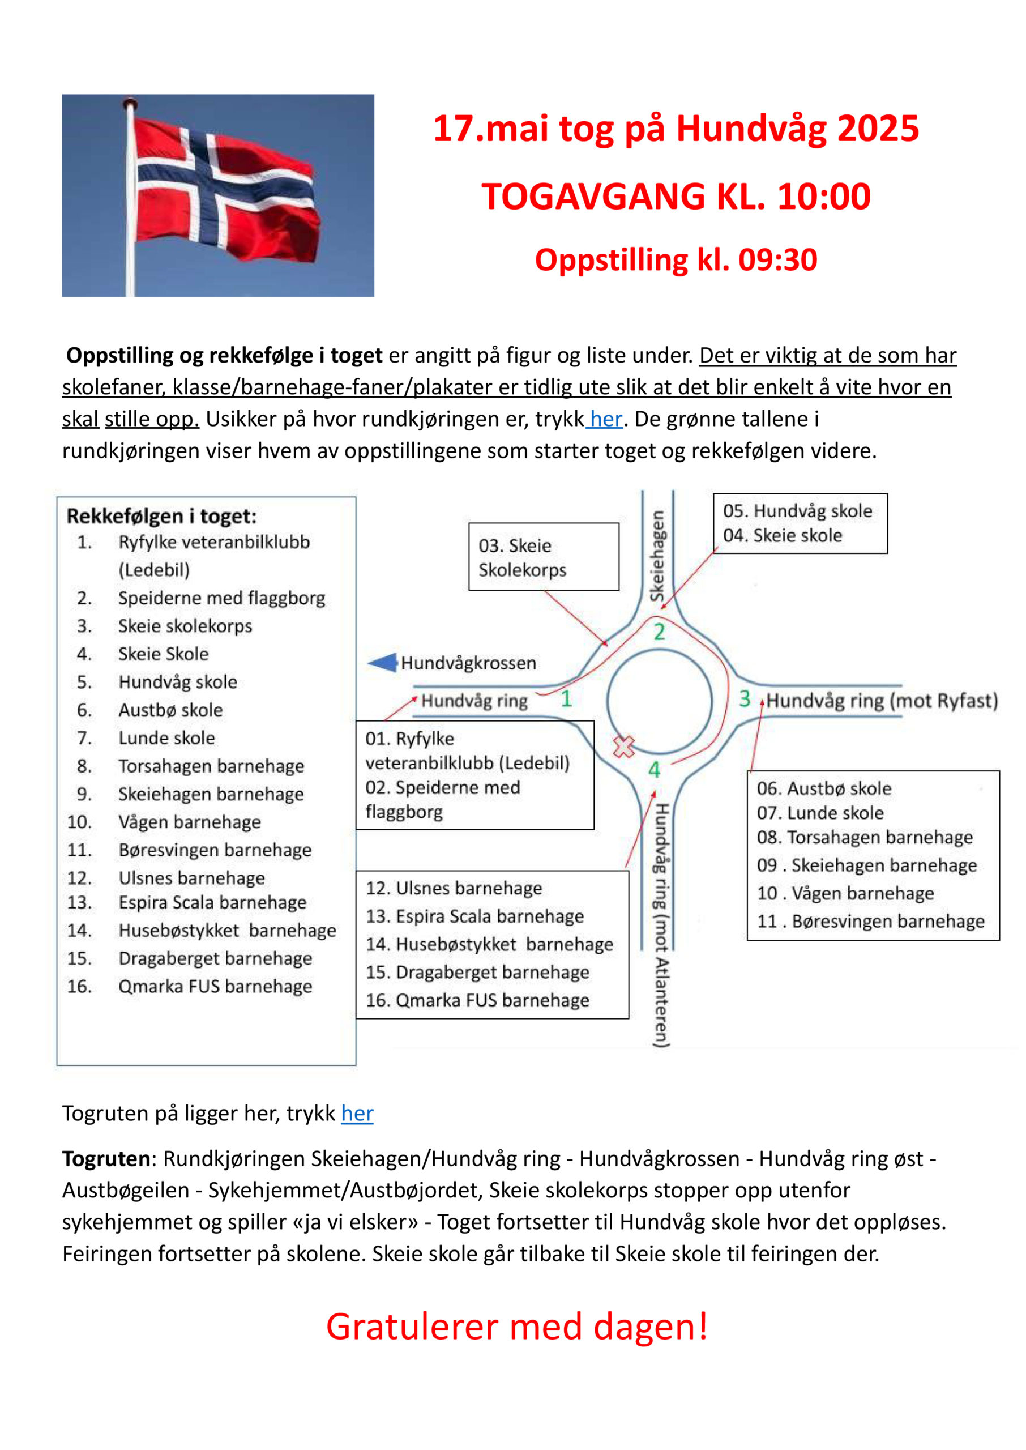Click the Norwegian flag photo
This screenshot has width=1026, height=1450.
pos(217,195)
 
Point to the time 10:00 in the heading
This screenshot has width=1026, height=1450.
pos(824,197)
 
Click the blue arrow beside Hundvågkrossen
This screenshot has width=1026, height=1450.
pos(382,663)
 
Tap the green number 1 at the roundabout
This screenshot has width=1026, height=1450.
pos(566,698)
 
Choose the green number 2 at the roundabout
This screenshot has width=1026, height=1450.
pos(659,632)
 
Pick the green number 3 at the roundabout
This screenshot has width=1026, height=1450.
pos(745,698)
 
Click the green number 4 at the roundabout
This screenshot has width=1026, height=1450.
pos(654,770)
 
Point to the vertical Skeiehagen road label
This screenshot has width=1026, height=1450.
pos(658,556)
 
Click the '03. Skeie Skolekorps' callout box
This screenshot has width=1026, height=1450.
pos(544,557)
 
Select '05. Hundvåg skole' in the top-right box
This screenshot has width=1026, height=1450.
pos(797,510)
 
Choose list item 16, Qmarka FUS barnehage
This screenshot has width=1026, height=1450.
pos(215,986)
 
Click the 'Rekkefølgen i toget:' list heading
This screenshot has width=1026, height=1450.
pos(162,516)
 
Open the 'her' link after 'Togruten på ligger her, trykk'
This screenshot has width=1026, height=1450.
pos(357,1113)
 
